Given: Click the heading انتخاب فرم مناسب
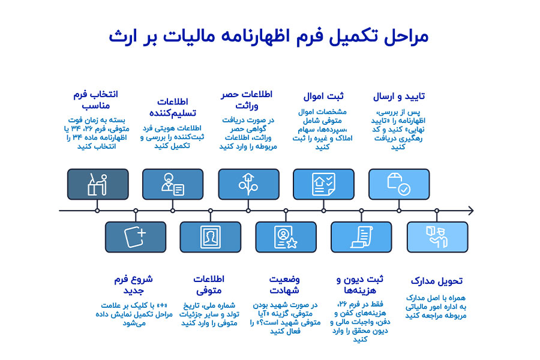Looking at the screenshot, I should coord(94,100).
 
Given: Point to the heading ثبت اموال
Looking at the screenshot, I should coord(323,95).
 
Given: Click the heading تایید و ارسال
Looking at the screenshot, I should coord(399,95).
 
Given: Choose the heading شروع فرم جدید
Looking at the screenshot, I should coord(133,284).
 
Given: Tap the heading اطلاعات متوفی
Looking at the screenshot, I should coord(209,284).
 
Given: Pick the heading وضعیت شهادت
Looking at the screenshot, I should coord(284,284).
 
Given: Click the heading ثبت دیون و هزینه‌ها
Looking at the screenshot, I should coord(360,284).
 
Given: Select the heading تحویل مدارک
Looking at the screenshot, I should coord(437,281).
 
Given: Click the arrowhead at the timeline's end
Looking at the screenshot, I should coord(470,211).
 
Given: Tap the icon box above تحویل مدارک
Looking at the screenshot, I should coord(437,236).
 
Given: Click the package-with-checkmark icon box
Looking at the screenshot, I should coord(399,184).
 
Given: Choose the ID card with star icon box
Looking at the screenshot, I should coord(286,236).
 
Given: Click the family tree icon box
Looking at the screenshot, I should coord(248,184).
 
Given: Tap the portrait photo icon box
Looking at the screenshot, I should coord(210,236).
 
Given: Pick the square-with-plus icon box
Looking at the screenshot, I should coord(135,236).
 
